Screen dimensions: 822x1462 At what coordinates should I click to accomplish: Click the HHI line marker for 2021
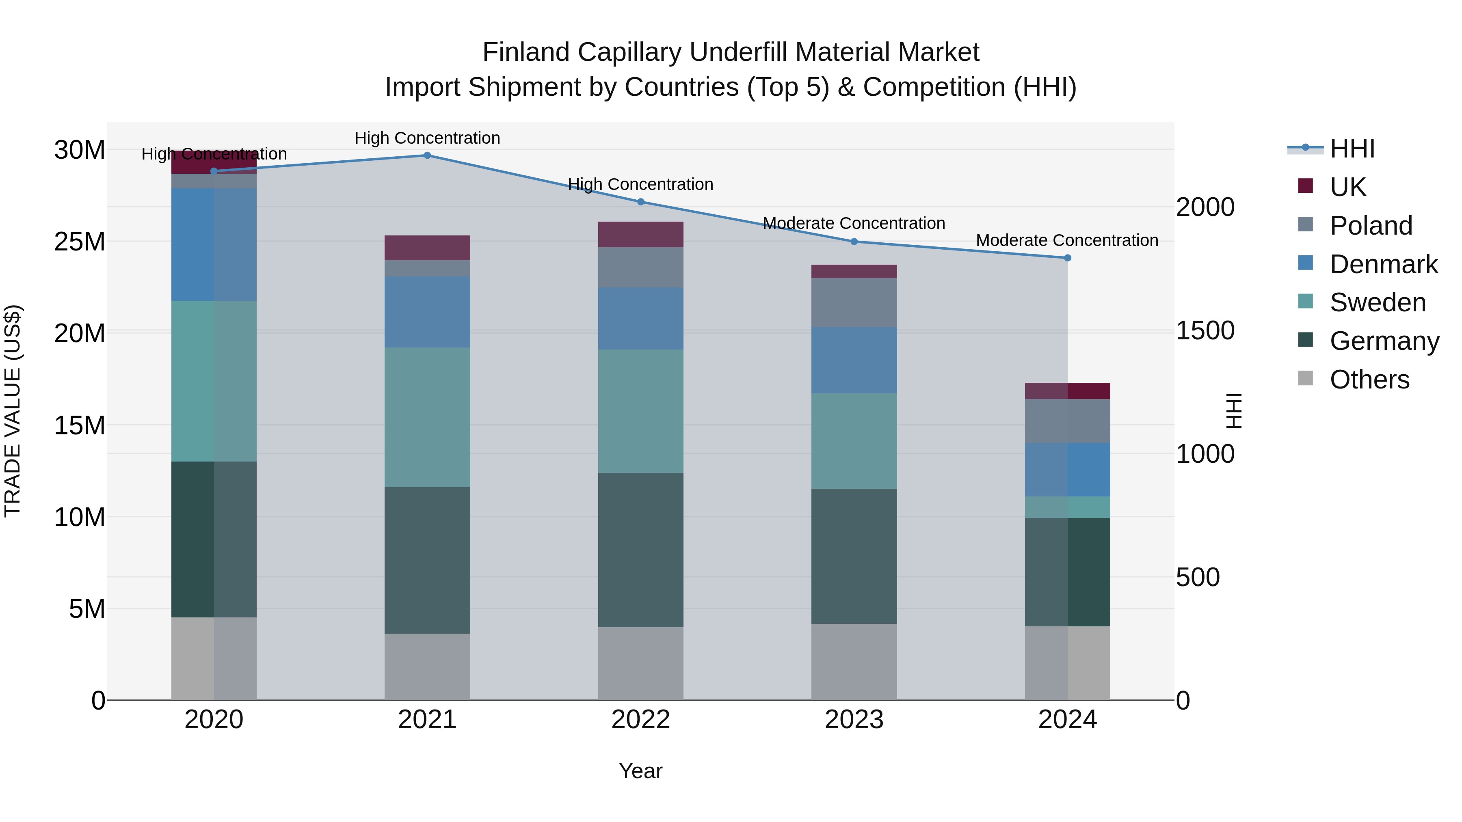(427, 155)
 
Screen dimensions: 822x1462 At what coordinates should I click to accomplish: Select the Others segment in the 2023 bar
(854, 662)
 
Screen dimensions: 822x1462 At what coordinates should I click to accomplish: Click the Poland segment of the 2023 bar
(854, 302)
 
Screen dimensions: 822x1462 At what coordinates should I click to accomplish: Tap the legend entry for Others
(1369, 380)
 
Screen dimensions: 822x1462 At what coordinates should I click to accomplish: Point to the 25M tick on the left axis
(80, 242)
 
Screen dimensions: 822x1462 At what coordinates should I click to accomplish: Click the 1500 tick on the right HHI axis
(1205, 331)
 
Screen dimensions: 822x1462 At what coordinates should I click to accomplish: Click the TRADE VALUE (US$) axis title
(13, 411)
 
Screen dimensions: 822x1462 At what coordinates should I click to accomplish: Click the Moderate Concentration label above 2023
(854, 224)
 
